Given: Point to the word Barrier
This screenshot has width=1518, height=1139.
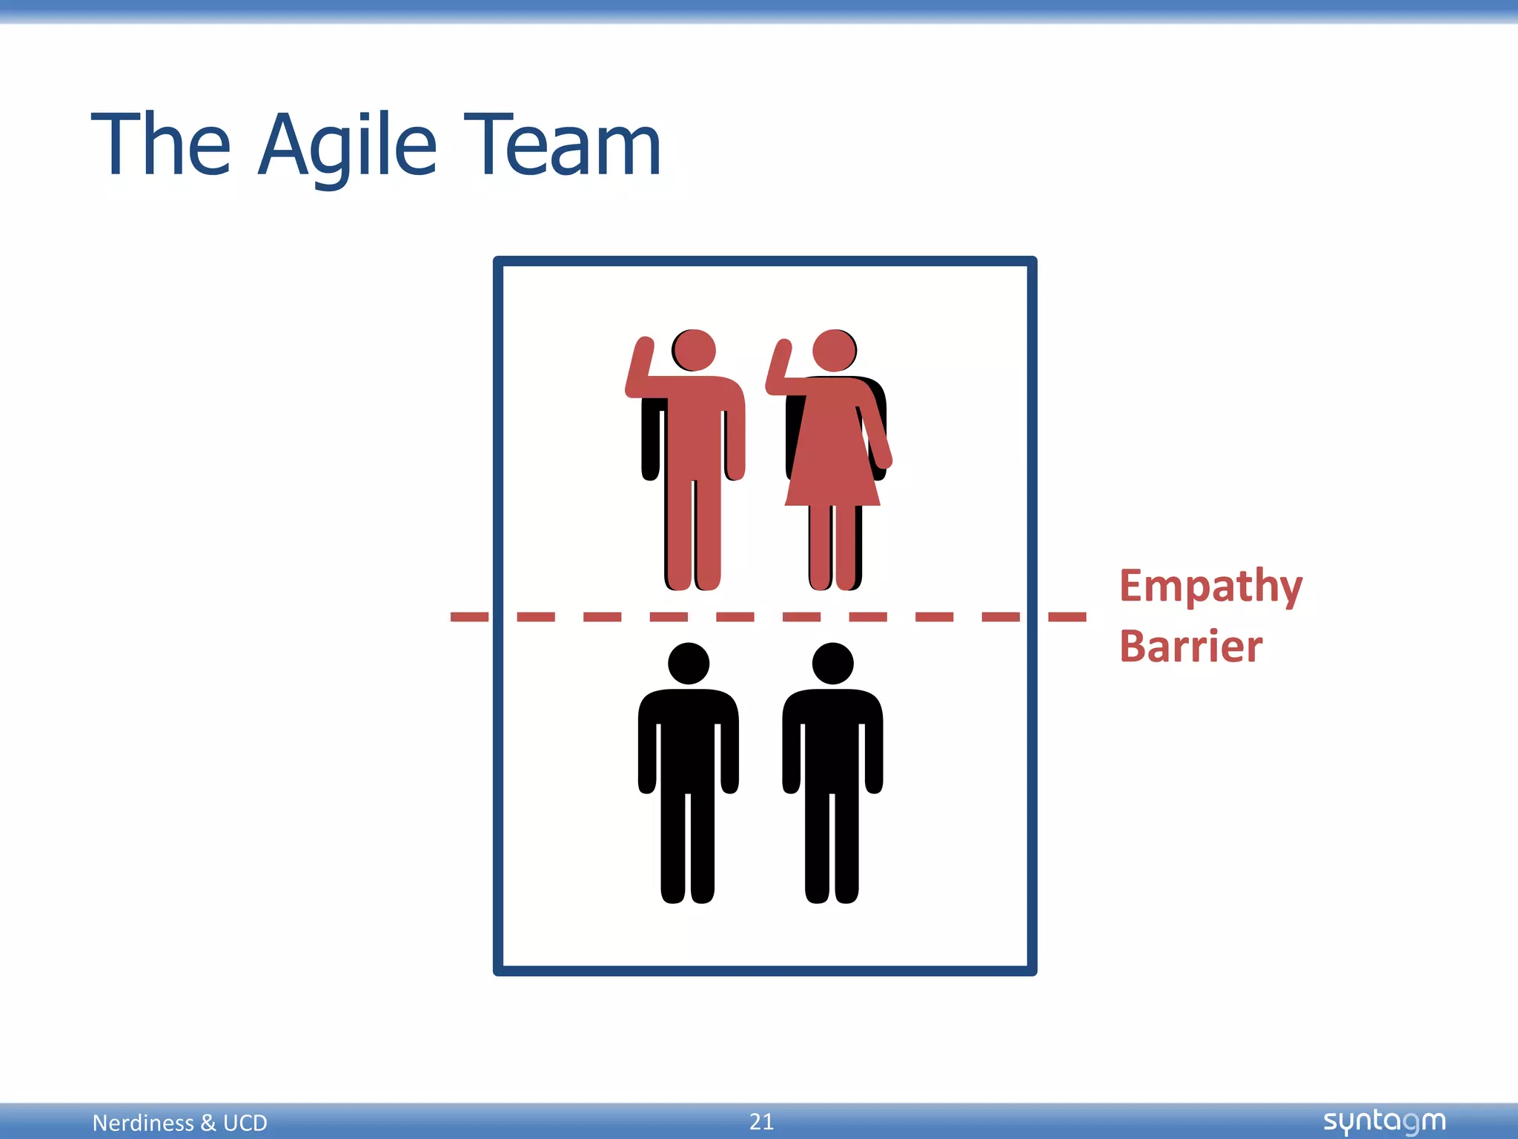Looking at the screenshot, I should [1190, 647].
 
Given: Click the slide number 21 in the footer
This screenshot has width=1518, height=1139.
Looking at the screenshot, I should [761, 1121].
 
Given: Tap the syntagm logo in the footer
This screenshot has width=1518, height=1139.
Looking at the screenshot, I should [1384, 1121].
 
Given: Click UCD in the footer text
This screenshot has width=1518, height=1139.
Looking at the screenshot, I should [245, 1123].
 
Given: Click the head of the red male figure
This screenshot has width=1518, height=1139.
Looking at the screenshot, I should [695, 350].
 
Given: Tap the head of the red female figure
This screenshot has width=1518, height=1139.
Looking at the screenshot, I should [834, 350].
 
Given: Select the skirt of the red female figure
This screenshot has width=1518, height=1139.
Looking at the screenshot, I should [832, 467].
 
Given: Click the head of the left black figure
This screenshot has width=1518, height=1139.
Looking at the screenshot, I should [689, 664].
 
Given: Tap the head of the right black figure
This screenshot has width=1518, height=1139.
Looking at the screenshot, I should [832, 664].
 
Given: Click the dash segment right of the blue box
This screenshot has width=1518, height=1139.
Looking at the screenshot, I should [1067, 617].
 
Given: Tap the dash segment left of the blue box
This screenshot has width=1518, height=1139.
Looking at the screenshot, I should [469, 617].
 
